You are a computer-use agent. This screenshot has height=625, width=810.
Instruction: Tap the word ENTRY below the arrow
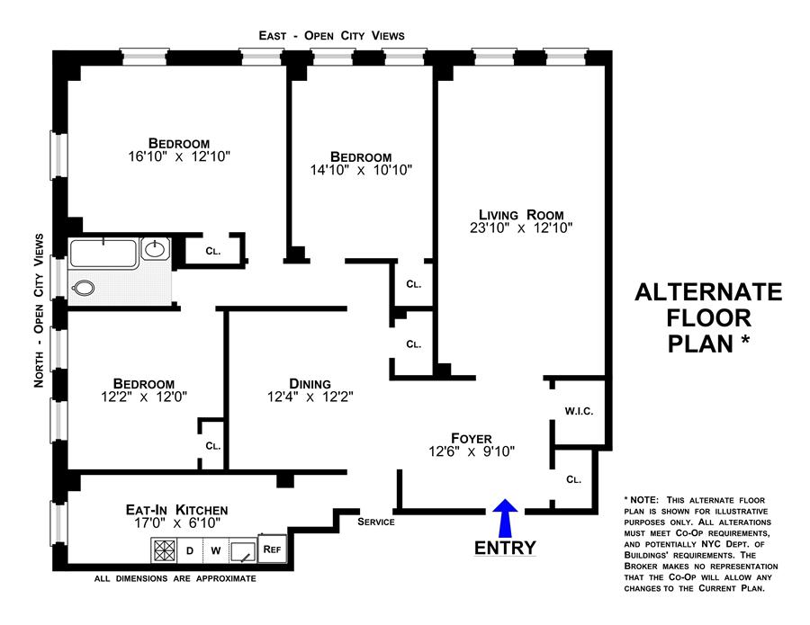click(x=505, y=548)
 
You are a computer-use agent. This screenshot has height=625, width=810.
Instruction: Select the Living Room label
click(x=521, y=214)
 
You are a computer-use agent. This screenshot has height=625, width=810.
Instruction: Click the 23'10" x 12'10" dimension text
click(x=521, y=228)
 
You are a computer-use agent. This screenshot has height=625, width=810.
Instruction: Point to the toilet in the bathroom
click(x=84, y=288)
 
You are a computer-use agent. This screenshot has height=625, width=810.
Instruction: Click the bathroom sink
click(x=156, y=248)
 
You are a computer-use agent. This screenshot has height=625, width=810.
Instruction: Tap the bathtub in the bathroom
click(x=104, y=252)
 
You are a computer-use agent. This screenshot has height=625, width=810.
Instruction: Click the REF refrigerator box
click(x=271, y=549)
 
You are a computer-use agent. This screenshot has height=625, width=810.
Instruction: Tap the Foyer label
click(x=472, y=438)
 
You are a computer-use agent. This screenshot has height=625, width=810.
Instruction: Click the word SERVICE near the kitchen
click(x=376, y=522)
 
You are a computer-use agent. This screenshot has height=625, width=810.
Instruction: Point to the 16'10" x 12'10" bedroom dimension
click(x=179, y=156)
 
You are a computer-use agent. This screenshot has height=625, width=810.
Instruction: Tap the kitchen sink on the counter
click(x=243, y=550)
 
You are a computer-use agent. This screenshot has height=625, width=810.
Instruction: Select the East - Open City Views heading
click(x=330, y=35)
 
